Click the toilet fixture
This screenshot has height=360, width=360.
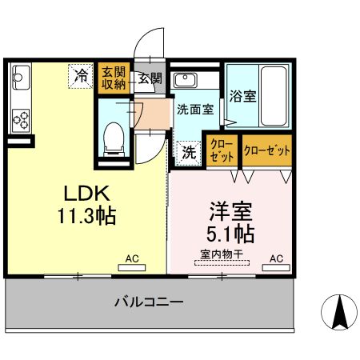[x=114, y=138]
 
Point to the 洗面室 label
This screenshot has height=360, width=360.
[x=194, y=110]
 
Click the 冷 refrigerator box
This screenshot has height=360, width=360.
[x=81, y=76]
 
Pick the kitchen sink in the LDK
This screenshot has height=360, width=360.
[x=20, y=80]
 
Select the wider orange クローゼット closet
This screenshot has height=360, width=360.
[x=266, y=150]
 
